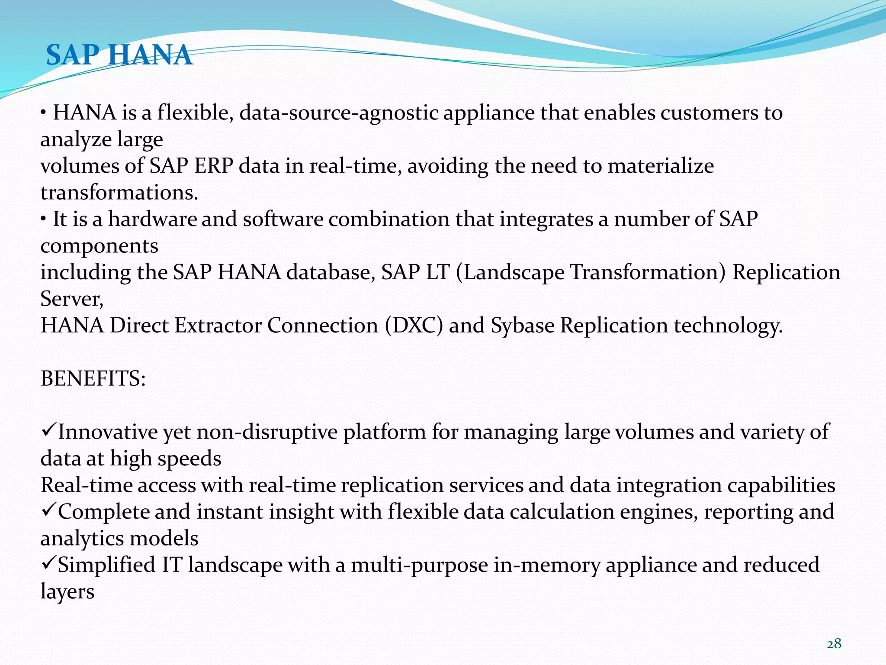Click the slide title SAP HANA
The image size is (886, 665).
[119, 55]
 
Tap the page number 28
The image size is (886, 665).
[834, 644]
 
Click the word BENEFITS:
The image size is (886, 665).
[93, 378]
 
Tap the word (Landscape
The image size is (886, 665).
[510, 272]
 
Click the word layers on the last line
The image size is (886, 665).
[67, 592]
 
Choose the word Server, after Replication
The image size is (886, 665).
[72, 299]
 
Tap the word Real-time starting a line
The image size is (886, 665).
[87, 485]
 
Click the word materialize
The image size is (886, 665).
[661, 166]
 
